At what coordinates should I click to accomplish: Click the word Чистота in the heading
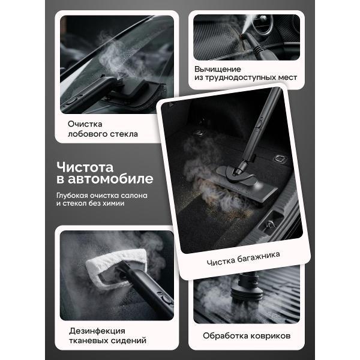click(85, 167)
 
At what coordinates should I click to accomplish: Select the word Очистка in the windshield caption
click(85, 124)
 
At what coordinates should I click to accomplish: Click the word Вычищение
click(218, 69)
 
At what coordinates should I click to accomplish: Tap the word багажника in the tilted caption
click(259, 257)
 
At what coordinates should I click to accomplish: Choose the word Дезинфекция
click(97, 331)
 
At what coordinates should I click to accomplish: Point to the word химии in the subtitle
click(113, 203)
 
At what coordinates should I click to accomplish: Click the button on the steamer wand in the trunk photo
click(259, 124)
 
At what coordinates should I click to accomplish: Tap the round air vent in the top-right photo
click(263, 25)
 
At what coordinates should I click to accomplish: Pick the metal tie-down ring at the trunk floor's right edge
click(280, 158)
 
